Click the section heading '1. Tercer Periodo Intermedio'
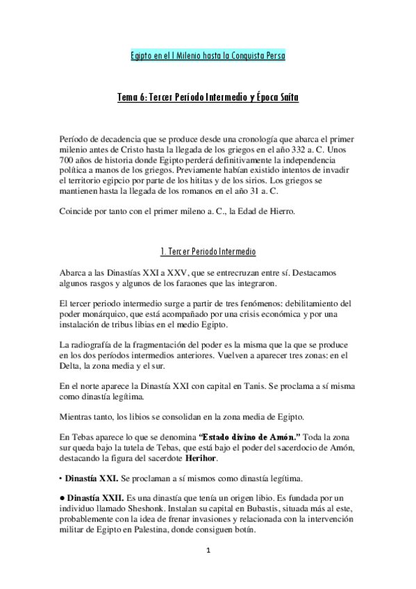coord(208,250)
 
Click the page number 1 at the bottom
coord(208,551)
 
